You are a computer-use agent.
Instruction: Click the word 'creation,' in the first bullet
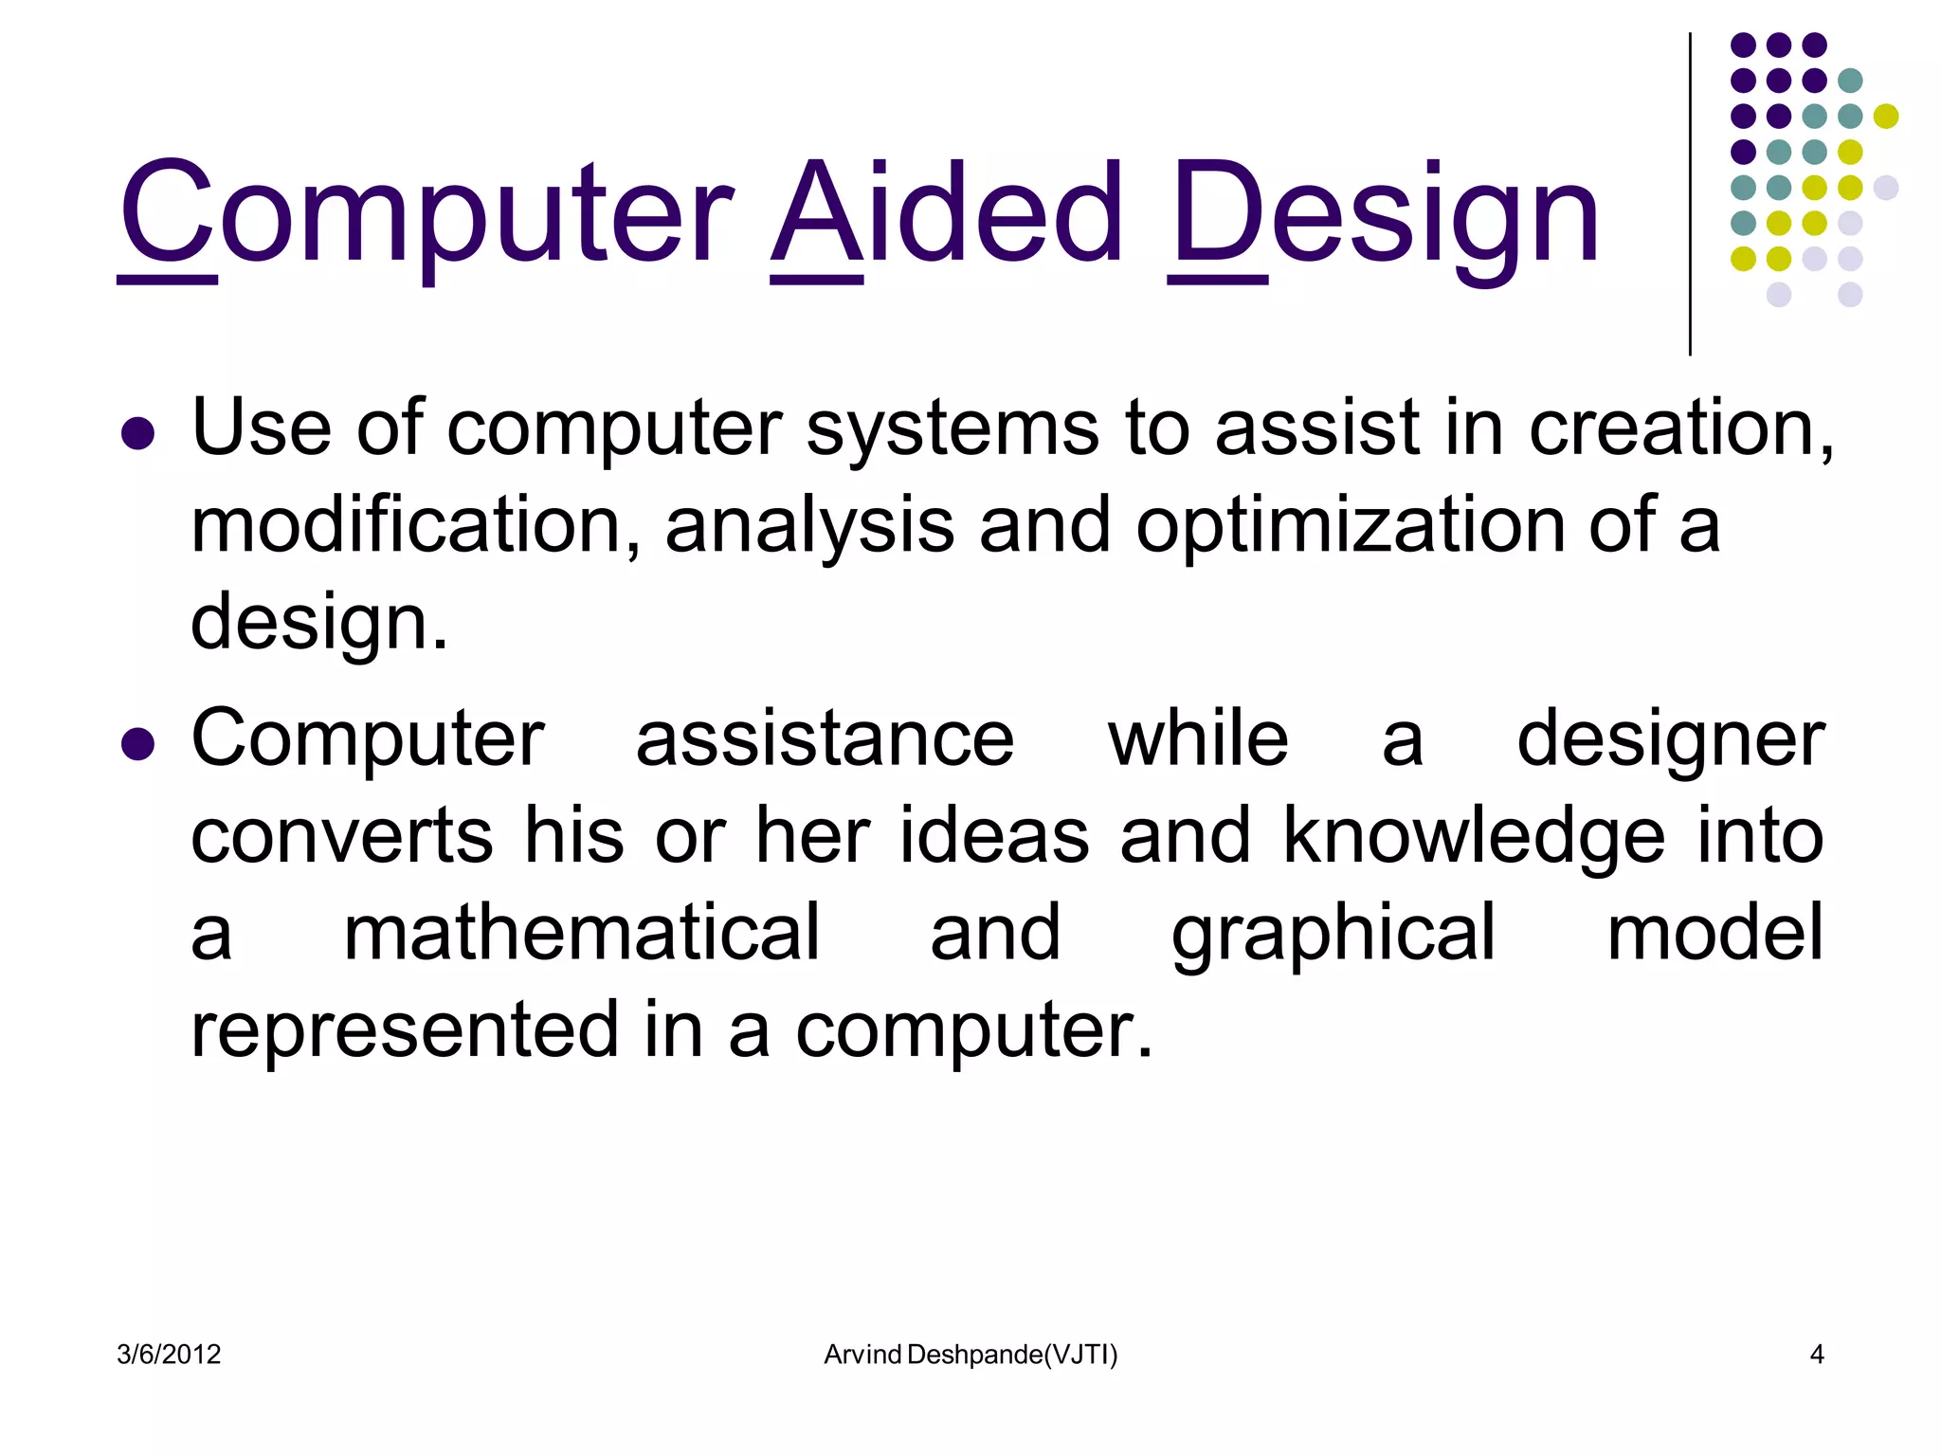(x=1681, y=428)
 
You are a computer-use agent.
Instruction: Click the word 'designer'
(x=1670, y=740)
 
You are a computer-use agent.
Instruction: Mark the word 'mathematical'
(x=581, y=933)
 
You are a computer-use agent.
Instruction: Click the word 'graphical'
(x=1333, y=935)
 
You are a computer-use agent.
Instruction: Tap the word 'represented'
(x=405, y=1030)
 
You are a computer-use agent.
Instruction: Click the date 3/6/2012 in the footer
(x=169, y=1355)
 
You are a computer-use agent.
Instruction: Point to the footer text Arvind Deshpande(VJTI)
(x=970, y=1355)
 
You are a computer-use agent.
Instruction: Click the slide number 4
(x=1816, y=1355)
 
